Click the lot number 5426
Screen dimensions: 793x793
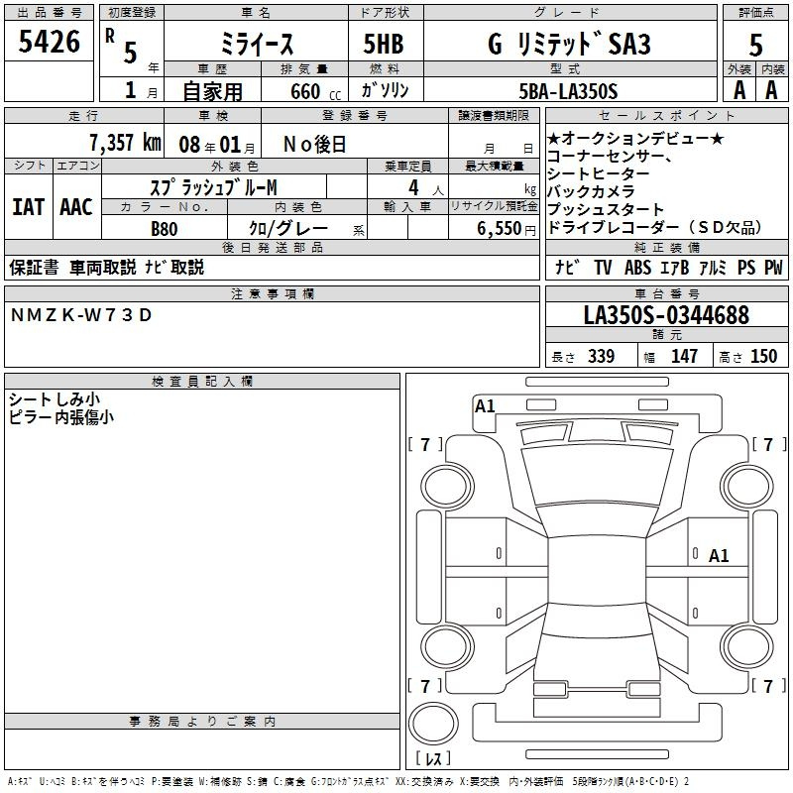49,42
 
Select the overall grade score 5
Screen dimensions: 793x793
755,45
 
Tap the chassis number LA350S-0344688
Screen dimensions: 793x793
666,315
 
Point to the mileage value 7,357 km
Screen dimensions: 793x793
126,143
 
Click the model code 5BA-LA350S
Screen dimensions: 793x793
568,91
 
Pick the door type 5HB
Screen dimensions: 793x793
384,44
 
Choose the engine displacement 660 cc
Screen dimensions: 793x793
315,92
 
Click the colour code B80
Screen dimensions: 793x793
164,229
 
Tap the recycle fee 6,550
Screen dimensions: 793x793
500,229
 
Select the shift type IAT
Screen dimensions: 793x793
28,207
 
